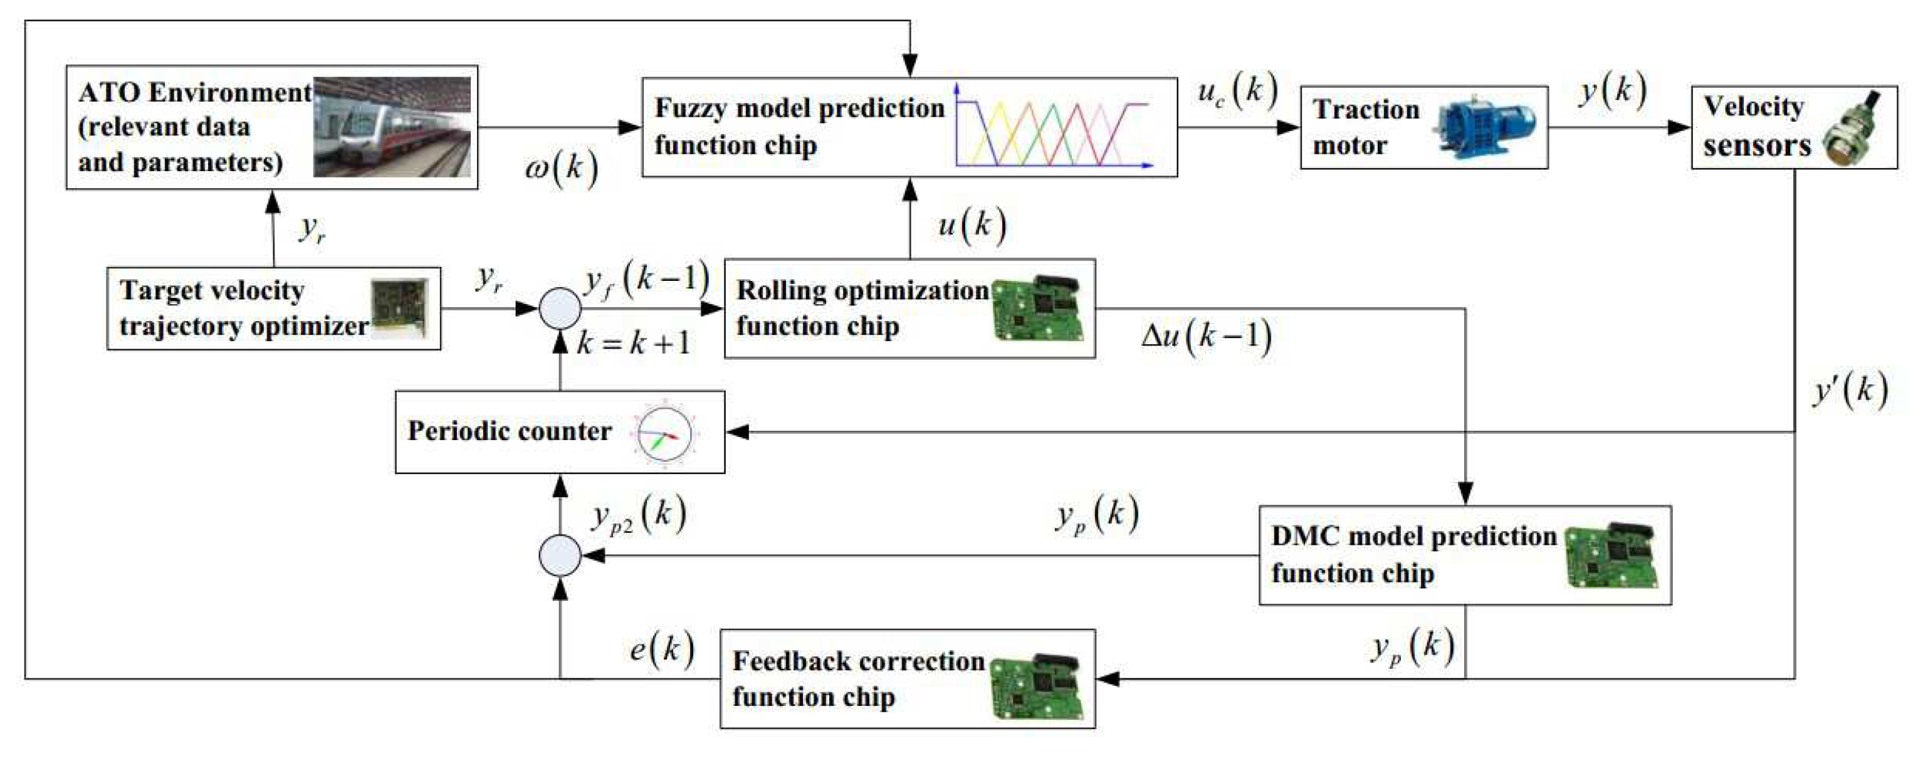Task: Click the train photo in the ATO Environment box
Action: coord(392,127)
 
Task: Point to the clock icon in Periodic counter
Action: coord(664,433)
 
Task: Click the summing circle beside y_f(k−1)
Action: coord(560,308)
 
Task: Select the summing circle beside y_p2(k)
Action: coord(560,555)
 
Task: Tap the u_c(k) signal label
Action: coord(1237,91)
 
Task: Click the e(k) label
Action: coord(661,649)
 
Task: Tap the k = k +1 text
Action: coord(634,343)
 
